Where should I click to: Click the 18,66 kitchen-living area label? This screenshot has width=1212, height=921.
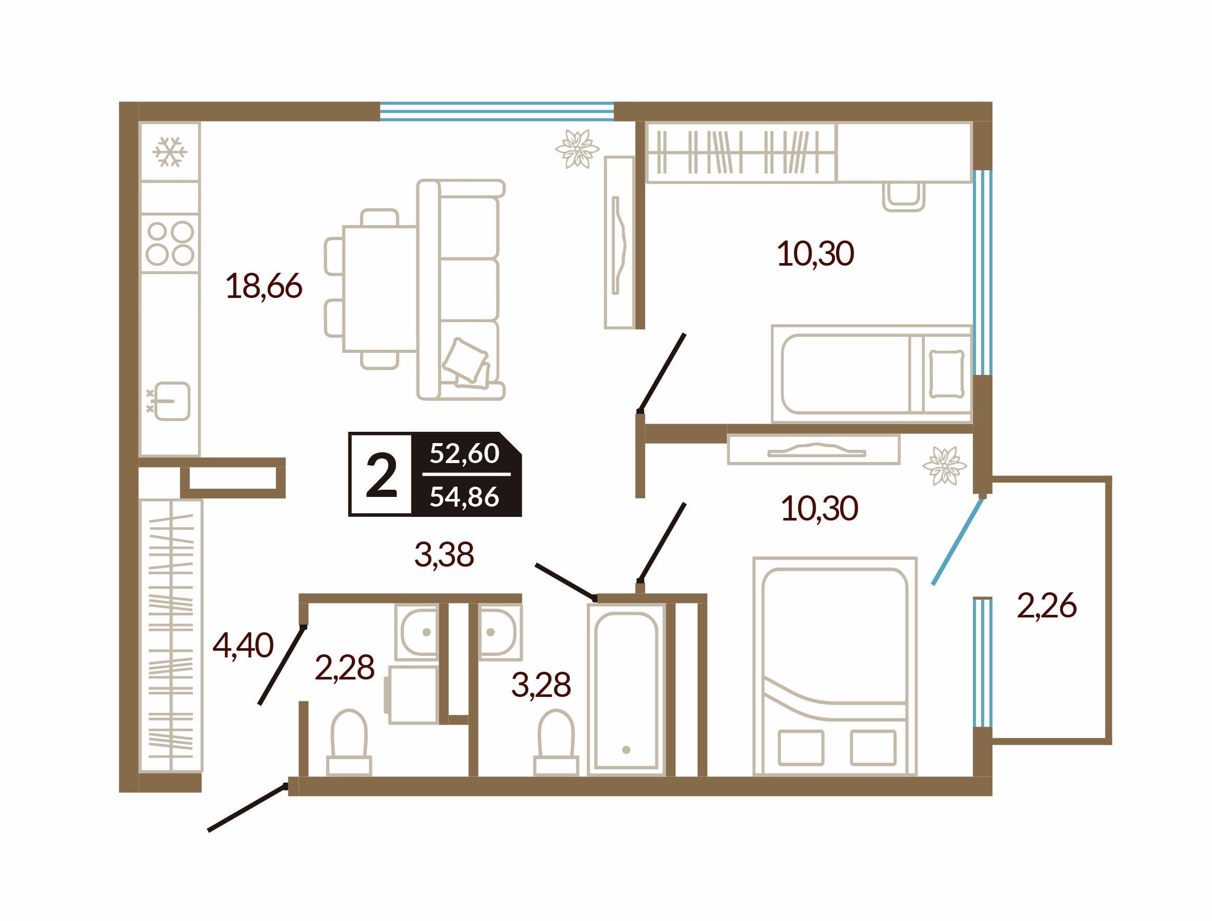click(x=264, y=286)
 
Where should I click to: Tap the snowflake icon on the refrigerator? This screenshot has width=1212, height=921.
click(x=170, y=152)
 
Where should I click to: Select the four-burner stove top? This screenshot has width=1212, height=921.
click(x=170, y=243)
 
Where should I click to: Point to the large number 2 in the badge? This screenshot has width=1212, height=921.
click(x=381, y=475)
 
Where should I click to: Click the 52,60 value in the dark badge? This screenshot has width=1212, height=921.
click(x=464, y=453)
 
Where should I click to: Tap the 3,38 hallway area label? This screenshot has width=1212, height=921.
click(x=444, y=554)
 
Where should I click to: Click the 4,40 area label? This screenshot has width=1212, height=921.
click(x=243, y=645)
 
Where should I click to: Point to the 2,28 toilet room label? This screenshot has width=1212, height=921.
click(x=345, y=668)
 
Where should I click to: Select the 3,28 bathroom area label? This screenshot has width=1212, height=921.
click(x=541, y=685)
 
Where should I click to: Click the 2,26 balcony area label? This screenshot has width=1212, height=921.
click(x=1046, y=606)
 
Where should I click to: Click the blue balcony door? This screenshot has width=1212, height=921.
click(x=957, y=540)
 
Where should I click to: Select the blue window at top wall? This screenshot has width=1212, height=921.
click(x=496, y=111)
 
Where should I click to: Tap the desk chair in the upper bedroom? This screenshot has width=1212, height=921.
click(x=903, y=197)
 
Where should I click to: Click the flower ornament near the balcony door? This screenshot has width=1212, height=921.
click(x=944, y=466)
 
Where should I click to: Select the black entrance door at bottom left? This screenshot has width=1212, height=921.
click(x=247, y=808)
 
